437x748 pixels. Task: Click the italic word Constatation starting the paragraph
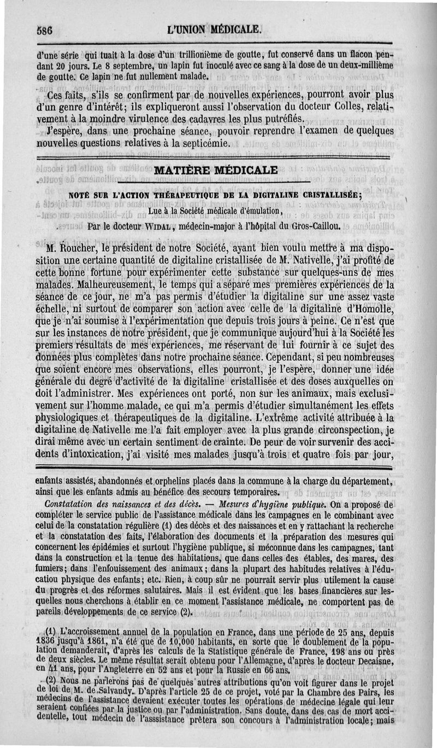tap(72, 504)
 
